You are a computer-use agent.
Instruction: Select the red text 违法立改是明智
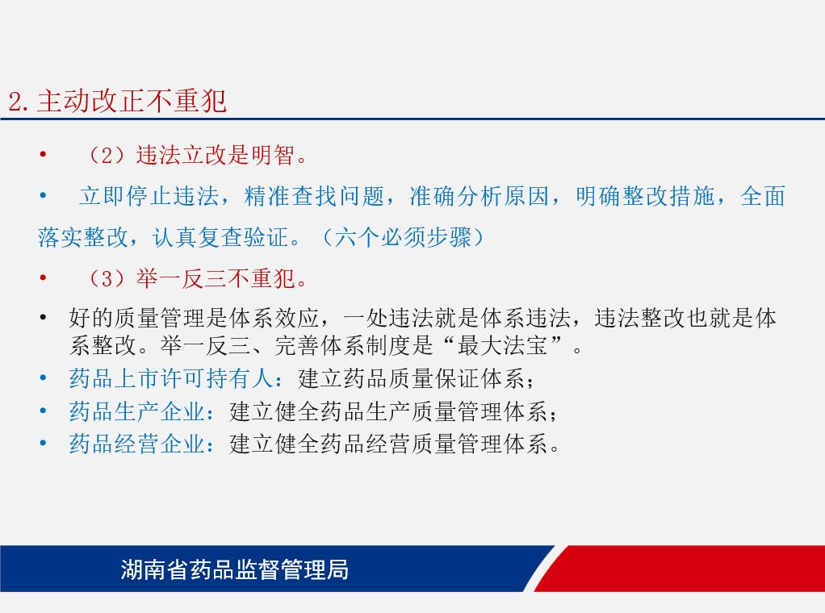(216, 155)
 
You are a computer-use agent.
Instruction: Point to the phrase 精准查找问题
(314, 196)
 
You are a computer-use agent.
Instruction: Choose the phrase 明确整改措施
(645, 196)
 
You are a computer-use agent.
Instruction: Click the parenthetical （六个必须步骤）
(402, 237)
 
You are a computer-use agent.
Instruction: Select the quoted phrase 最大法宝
(502, 345)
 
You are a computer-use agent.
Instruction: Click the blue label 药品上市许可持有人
(171, 378)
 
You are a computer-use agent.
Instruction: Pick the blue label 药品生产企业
(137, 411)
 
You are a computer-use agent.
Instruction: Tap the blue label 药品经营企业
(137, 444)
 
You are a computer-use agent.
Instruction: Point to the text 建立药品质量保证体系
(411, 378)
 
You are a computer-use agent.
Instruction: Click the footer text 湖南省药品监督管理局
(235, 569)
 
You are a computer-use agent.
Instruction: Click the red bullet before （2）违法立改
(43, 155)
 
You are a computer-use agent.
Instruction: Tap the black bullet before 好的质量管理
(43, 318)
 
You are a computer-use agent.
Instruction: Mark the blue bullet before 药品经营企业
(43, 443)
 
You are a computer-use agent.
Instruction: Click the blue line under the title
(412, 119)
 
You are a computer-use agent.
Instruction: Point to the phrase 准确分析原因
(480, 196)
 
